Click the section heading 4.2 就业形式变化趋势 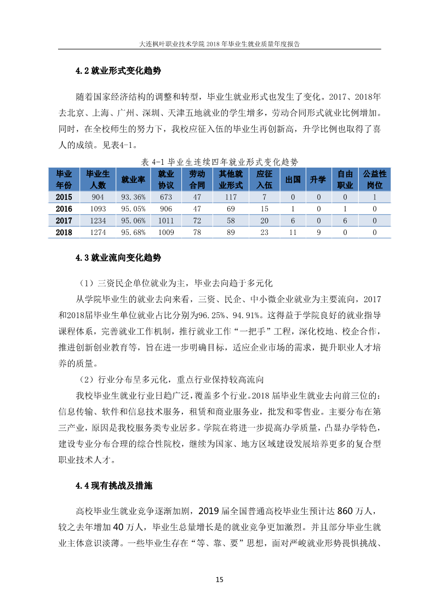click(x=118, y=71)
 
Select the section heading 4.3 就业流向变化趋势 click(x=118, y=257)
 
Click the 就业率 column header click(x=133, y=180)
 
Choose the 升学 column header click(x=318, y=180)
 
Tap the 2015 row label click(x=65, y=197)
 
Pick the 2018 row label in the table click(x=65, y=233)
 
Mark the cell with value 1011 click(x=165, y=221)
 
